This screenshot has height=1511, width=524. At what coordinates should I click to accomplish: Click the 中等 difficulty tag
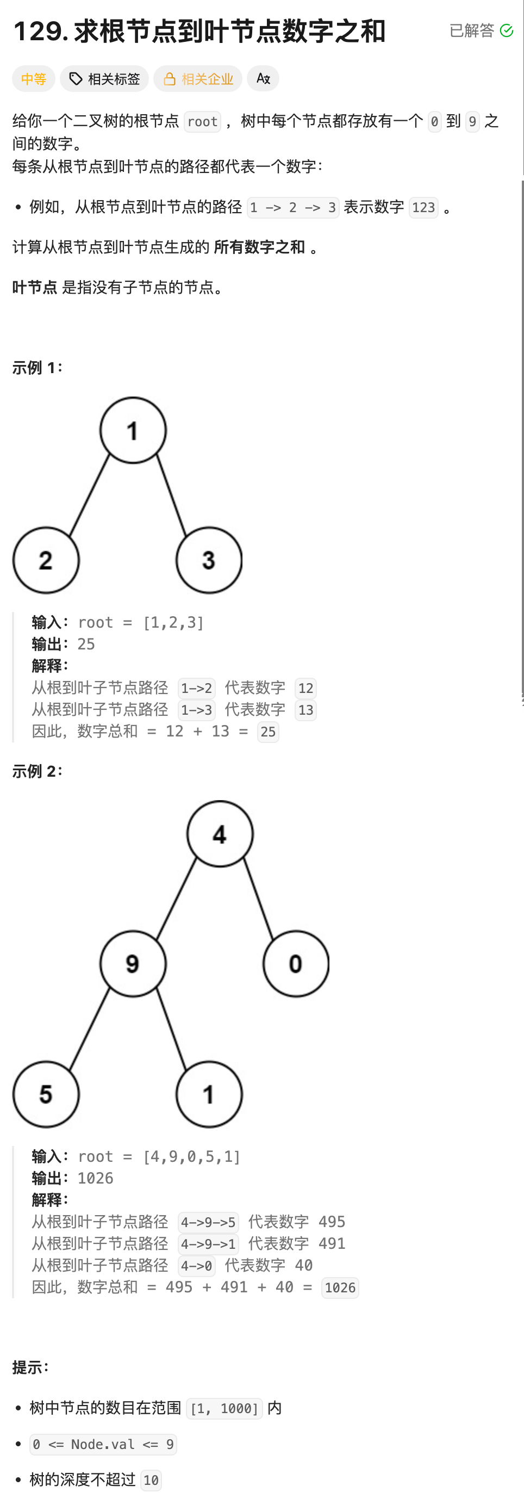[33, 79]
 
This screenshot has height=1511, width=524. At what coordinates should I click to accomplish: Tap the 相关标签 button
[104, 79]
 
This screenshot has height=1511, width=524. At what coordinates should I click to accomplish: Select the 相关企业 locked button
[198, 79]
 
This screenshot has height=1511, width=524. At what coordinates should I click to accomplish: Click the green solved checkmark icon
[507, 30]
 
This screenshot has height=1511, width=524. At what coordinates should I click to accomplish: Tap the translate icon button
[263, 79]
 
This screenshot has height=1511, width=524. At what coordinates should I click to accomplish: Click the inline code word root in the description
[202, 121]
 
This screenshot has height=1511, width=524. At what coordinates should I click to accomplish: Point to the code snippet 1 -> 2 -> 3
[292, 208]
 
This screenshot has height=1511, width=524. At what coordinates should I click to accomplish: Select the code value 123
[423, 208]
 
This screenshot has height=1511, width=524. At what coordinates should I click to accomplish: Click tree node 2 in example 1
[46, 560]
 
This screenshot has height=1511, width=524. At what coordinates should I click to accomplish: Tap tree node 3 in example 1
[209, 560]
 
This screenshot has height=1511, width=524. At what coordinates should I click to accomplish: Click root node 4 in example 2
[220, 833]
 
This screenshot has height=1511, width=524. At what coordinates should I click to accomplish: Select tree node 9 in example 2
[133, 963]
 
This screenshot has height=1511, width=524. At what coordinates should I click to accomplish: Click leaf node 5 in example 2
[46, 1094]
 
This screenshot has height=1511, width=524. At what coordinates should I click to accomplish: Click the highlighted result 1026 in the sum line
[340, 1288]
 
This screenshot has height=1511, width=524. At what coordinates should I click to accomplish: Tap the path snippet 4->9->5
[208, 1222]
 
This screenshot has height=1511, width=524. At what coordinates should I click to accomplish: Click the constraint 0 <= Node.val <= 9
[103, 1444]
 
